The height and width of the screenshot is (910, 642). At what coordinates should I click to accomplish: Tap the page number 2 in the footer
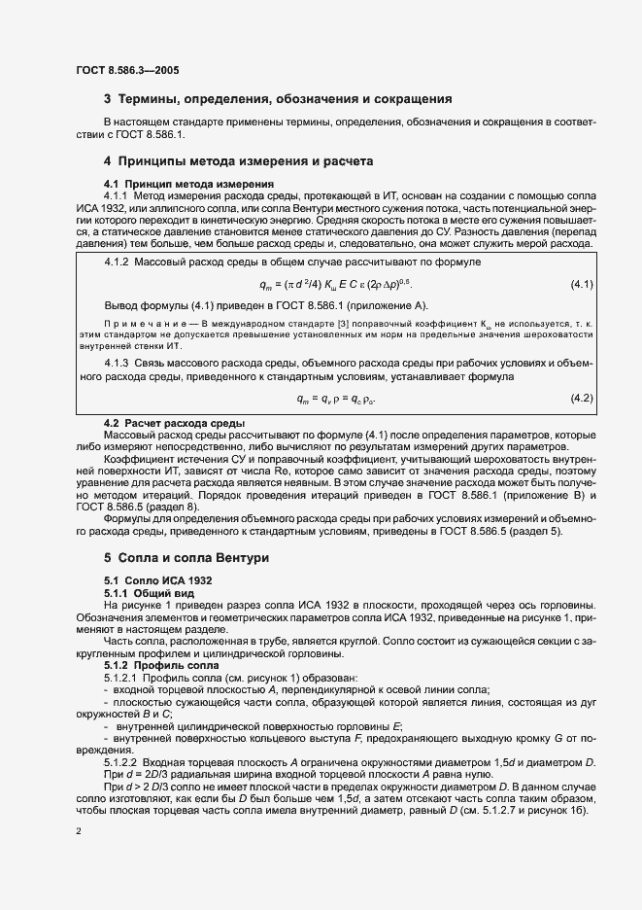click(78, 831)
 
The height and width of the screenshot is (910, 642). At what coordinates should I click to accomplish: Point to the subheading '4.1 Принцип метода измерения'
click(175, 184)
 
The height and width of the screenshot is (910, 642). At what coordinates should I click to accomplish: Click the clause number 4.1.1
click(118, 195)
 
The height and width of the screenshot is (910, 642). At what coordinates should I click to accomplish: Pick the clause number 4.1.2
click(118, 262)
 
